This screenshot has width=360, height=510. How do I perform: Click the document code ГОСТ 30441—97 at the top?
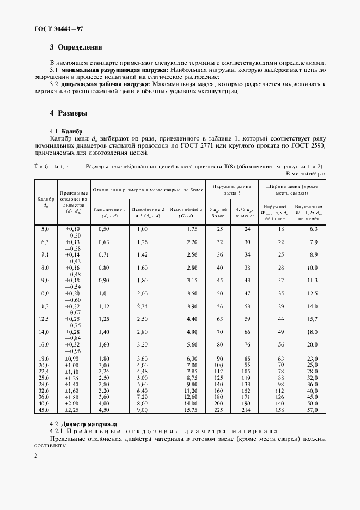coord(59,28)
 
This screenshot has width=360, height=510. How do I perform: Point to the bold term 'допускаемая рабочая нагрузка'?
coord(106,84)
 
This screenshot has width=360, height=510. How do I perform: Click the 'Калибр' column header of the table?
coord(45,202)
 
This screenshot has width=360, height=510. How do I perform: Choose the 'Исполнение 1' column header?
coord(109,211)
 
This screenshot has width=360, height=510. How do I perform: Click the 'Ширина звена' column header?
coord(292,189)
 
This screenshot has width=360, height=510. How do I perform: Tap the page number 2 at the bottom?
coord(35,456)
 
